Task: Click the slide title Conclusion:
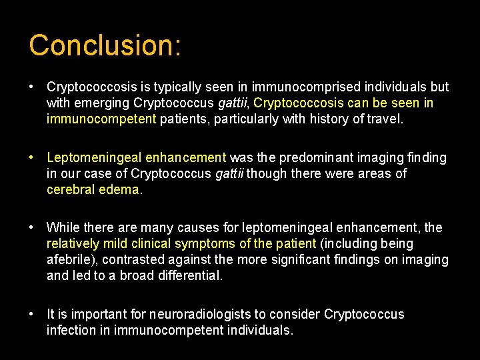click(105, 45)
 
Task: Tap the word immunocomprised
click(298, 87)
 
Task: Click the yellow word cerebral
click(70, 190)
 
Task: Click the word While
click(63, 228)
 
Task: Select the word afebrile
click(71, 260)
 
